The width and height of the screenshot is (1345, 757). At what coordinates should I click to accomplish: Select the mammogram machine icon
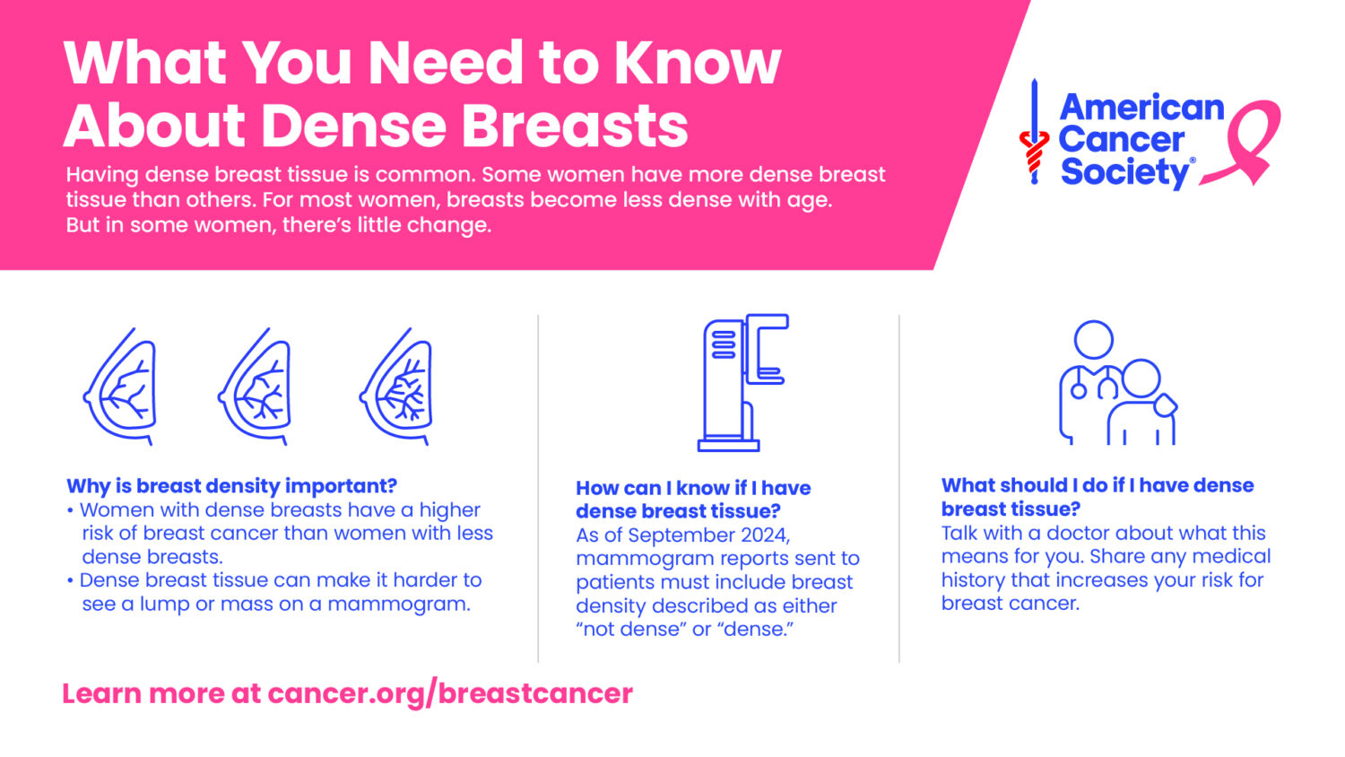coord(743,383)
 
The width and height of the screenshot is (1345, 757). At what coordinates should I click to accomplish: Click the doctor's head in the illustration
coord(1093,339)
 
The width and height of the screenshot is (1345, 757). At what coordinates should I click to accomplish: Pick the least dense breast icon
coord(120,387)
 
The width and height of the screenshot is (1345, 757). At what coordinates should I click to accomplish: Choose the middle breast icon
coord(255,387)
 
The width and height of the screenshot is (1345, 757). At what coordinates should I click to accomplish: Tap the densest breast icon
coord(396,387)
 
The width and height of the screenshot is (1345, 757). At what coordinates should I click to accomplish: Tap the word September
coord(679,535)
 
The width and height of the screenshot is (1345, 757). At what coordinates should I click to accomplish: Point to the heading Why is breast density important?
coord(231,486)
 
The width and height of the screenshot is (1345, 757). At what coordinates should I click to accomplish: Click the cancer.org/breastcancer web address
coord(450,694)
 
